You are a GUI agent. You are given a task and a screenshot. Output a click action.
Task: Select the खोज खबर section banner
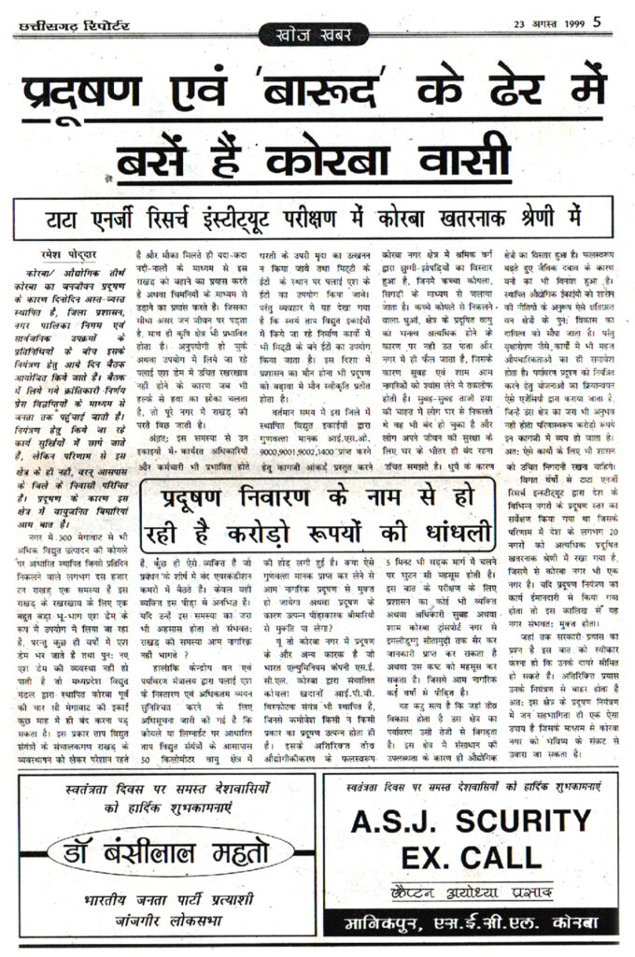[317, 36]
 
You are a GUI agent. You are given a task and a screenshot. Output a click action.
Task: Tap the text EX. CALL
[472, 855]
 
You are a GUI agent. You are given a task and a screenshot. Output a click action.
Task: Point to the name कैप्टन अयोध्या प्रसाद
[473, 892]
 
